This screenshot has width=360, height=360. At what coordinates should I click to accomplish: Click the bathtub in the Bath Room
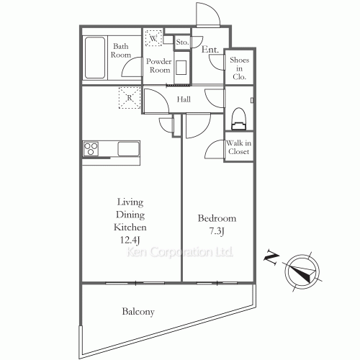(95, 58)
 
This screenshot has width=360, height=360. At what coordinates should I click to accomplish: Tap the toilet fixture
(238, 119)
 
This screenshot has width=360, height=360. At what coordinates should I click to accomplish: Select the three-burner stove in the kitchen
(91, 149)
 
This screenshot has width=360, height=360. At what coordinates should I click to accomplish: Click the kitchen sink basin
(128, 149)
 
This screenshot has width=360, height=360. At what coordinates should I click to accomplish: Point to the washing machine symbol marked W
(153, 37)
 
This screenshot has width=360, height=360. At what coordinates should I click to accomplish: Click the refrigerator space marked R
(130, 98)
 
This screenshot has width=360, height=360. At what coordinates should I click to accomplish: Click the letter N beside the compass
(271, 258)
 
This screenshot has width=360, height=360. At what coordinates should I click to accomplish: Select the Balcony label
(138, 312)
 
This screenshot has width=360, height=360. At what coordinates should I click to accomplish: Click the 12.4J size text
(130, 240)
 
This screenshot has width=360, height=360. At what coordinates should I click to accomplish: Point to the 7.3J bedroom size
(217, 231)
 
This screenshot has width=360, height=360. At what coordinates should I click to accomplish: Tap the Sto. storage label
(182, 42)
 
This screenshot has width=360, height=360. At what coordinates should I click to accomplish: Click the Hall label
(184, 99)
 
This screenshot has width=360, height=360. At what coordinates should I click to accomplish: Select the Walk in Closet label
(238, 147)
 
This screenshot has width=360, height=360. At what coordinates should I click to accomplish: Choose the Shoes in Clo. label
(239, 68)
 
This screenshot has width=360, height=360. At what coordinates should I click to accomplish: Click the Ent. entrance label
(210, 50)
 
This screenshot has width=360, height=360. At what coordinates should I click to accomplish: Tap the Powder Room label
(159, 66)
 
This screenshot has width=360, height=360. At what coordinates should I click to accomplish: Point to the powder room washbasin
(181, 68)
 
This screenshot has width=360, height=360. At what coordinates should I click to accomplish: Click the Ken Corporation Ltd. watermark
(179, 252)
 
